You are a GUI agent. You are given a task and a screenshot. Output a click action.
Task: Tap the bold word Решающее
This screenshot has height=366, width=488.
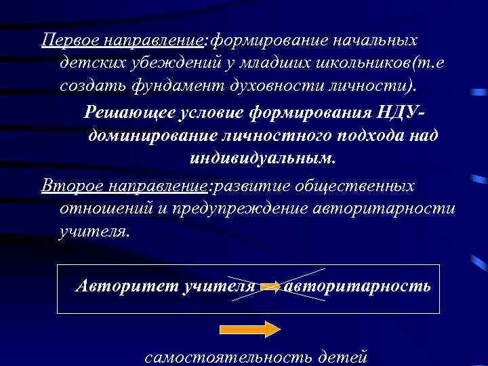(125, 112)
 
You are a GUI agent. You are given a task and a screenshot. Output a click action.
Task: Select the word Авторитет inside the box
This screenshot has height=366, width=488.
(125, 285)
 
